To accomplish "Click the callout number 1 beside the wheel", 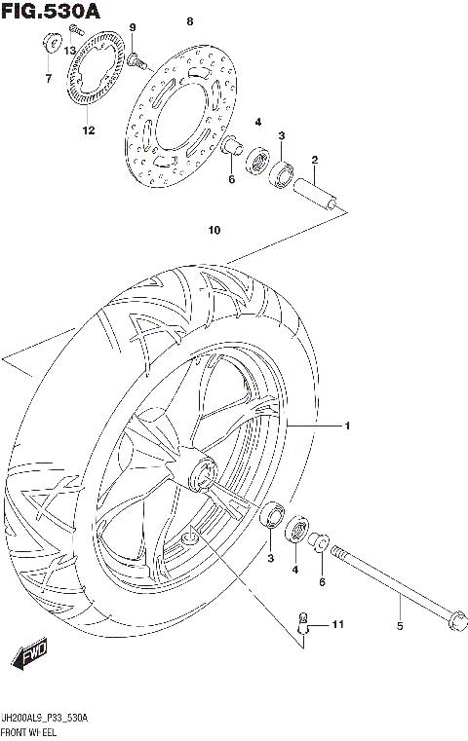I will click(x=346, y=426).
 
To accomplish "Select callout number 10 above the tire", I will click(x=214, y=231).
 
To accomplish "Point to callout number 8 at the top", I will click(x=189, y=20).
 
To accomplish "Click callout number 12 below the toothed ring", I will click(x=88, y=130).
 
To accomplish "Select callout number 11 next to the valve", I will click(x=337, y=623).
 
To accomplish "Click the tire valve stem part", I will click(x=304, y=623).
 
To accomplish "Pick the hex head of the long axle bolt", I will click(x=453, y=619).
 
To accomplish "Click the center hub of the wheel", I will click(x=203, y=473).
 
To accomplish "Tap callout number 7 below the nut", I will click(x=47, y=79).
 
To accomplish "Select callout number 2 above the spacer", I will click(x=315, y=161).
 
